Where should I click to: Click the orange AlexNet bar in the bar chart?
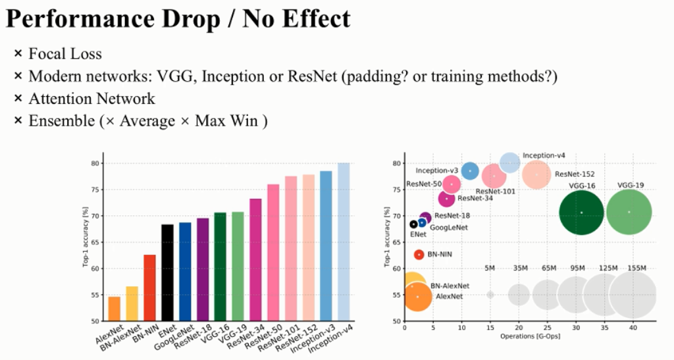pyautogui.click(x=115, y=309)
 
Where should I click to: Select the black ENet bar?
pyautogui.click(x=167, y=273)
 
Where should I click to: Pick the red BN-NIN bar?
pyautogui.click(x=149, y=288)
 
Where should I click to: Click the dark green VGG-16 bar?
pyautogui.click(x=220, y=267)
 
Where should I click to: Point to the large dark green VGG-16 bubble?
pyautogui.click(x=582, y=212)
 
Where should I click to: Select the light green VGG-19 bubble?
pyautogui.click(x=629, y=212)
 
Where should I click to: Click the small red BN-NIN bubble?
pyautogui.click(x=419, y=255)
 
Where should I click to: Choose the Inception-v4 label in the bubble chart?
pyautogui.click(x=544, y=155)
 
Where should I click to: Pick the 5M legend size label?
pyautogui.click(x=490, y=268)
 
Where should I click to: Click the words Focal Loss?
pyautogui.click(x=65, y=54)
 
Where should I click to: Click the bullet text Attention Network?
pyautogui.click(x=91, y=99)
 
